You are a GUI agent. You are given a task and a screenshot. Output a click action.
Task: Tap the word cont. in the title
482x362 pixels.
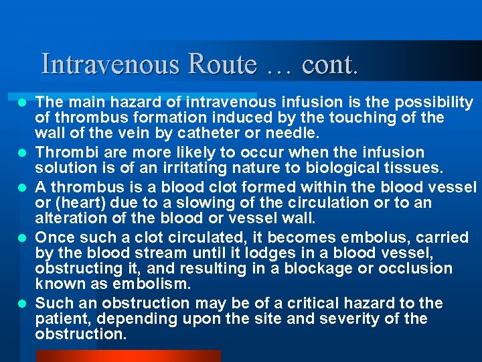click(x=330, y=64)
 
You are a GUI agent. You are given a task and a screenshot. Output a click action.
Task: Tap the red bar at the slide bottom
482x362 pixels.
click(x=127, y=355)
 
